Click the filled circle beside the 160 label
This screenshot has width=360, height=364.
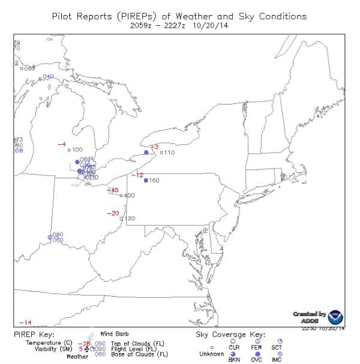pyautogui.click(x=146, y=181)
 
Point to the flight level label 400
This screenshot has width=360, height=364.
pyautogui.click(x=129, y=196)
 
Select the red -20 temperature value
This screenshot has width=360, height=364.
pyautogui.click(x=112, y=213)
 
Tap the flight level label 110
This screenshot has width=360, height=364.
pyautogui.click(x=169, y=153)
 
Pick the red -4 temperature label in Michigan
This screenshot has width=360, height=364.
pyautogui.click(x=61, y=145)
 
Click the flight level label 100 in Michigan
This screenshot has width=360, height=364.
pyautogui.click(x=77, y=150)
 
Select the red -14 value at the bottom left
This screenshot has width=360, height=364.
pyautogui.click(x=25, y=323)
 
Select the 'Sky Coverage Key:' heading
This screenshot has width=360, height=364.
pyautogui.click(x=230, y=335)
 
